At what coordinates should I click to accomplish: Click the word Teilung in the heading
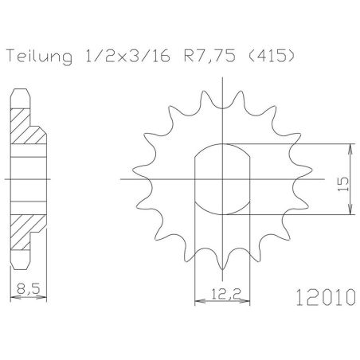click(x=40, y=57)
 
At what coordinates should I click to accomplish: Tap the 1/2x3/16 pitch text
click(x=128, y=56)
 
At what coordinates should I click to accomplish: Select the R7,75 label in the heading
click(x=209, y=57)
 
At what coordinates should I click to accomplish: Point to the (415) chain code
click(x=272, y=56)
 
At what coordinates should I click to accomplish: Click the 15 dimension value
click(x=343, y=184)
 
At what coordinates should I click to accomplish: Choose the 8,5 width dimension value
click(x=28, y=288)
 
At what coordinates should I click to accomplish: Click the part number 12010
click(x=326, y=297)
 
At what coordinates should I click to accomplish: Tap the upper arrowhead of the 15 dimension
click(x=351, y=149)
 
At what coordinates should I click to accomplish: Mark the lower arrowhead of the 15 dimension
click(x=351, y=209)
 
